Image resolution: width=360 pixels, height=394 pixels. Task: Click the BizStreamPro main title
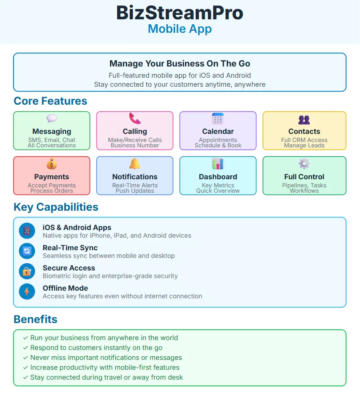180,13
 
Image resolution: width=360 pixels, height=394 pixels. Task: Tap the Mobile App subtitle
180,29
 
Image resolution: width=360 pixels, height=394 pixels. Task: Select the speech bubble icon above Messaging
52,119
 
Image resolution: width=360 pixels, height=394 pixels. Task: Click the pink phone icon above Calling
135,119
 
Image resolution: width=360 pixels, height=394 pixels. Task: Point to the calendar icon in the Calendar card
218,119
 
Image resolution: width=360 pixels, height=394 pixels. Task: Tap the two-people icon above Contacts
304,120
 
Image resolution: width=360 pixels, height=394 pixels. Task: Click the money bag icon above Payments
52,164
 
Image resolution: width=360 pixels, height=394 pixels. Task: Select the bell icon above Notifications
135,164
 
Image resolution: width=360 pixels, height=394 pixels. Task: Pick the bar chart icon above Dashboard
218,164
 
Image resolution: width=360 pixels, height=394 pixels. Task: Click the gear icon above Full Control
304,164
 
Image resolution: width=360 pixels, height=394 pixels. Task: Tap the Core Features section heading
50,101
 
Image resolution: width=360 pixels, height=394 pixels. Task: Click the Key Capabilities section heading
56,207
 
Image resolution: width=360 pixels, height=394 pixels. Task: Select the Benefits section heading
35,319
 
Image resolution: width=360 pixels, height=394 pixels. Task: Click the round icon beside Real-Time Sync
27,251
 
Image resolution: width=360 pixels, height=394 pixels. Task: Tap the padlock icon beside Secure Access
27,271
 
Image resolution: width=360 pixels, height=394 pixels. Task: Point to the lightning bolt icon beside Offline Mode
27,292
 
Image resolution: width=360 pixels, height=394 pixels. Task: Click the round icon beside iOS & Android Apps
27,231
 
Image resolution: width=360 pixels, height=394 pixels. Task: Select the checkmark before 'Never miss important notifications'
26,358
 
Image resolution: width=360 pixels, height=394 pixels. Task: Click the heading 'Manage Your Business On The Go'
180,64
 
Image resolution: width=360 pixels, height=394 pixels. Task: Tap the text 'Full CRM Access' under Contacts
304,140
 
